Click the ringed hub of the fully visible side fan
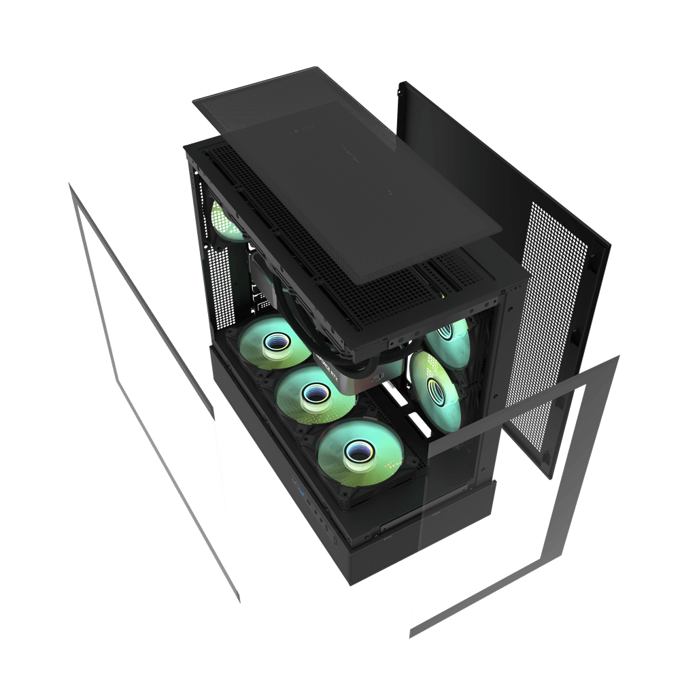click(x=432, y=388)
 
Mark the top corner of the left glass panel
click(x=68, y=182)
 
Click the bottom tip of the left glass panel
click(x=239, y=602)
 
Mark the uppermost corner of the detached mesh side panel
click(x=401, y=81)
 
